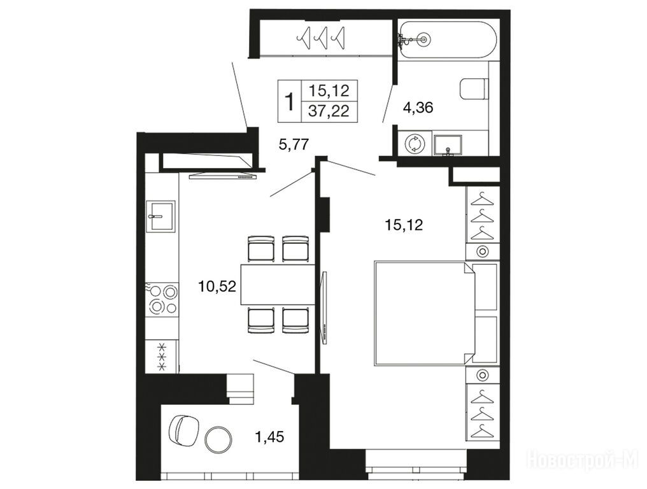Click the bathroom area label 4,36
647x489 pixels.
click(x=418, y=108)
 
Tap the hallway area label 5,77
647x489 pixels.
click(x=294, y=145)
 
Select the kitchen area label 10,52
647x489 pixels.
click(x=217, y=286)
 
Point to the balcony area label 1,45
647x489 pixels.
click(x=270, y=436)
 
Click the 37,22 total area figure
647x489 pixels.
click(x=329, y=111)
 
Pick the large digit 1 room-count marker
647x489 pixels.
click(x=290, y=101)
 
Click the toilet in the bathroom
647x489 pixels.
click(x=474, y=89)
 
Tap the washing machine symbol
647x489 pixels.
click(x=414, y=144)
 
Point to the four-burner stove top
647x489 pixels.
click(x=163, y=300)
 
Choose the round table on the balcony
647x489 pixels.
click(x=218, y=439)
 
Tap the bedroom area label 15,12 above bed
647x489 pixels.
click(x=404, y=225)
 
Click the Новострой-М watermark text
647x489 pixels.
click(x=583, y=459)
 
